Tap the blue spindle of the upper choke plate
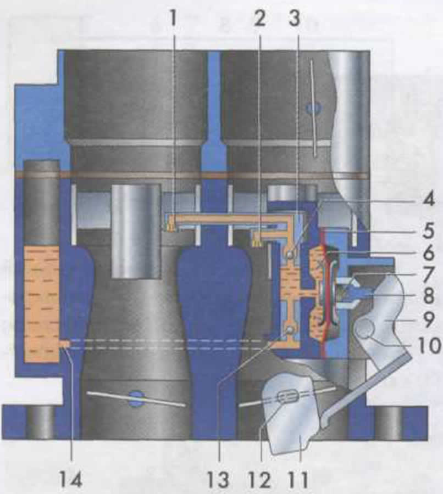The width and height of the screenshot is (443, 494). [313, 108]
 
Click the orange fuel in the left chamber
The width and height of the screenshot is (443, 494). [41, 302]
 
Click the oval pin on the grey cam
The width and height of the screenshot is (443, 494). [286, 396]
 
